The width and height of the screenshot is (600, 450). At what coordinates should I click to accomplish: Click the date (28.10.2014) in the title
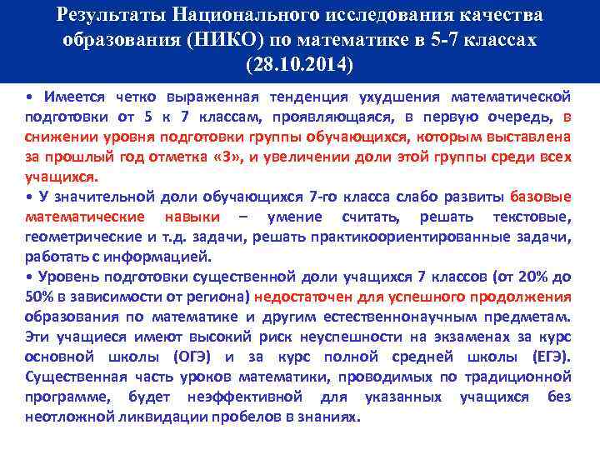tap(300, 64)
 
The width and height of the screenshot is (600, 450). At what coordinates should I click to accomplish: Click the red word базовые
tap(540, 197)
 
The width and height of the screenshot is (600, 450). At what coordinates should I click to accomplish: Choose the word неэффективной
tap(242, 397)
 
